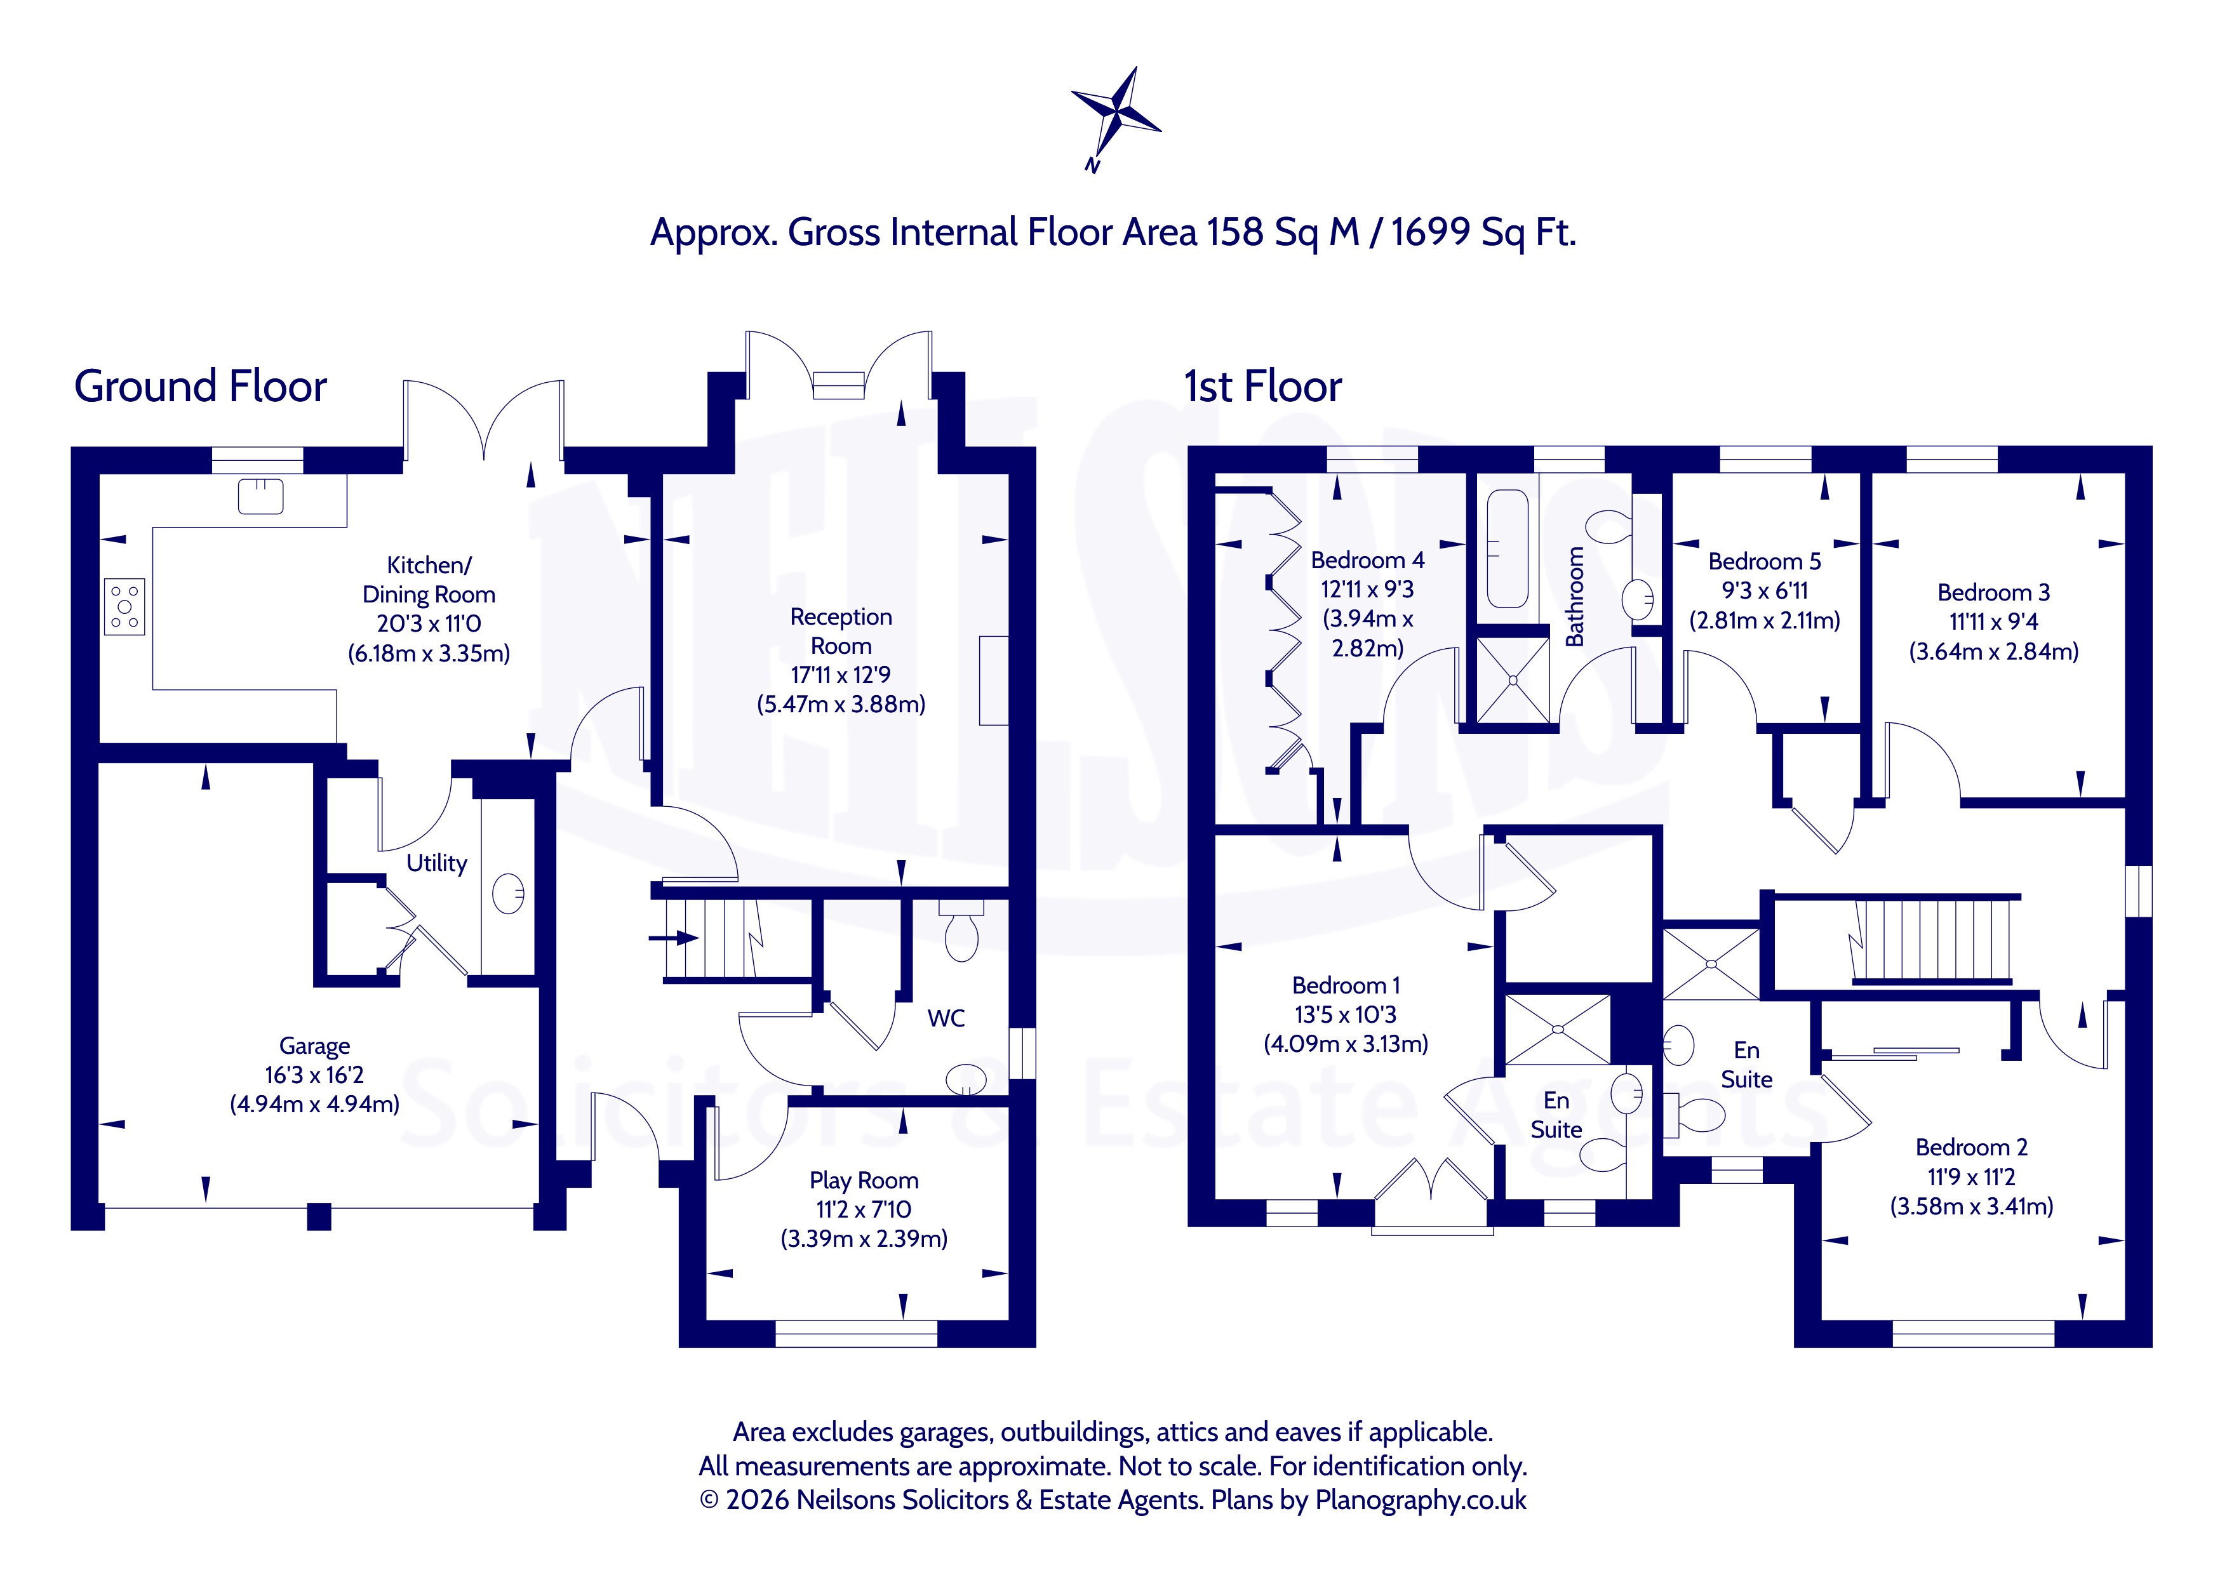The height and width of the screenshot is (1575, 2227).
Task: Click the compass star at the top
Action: (x=1116, y=114)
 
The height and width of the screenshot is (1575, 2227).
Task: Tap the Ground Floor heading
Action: (x=201, y=386)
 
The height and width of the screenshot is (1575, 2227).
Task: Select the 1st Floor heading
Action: (x=1263, y=386)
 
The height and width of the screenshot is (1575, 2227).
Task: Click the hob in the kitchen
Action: (x=124, y=606)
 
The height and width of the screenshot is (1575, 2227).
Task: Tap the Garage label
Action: (x=314, y=1046)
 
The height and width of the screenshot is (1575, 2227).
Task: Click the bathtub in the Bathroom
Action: (x=1508, y=548)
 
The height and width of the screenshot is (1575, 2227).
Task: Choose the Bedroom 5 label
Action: (x=1764, y=562)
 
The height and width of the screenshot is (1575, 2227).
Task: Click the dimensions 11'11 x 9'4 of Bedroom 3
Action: (x=1993, y=621)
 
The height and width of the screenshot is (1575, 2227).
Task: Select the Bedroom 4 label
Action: (x=1368, y=561)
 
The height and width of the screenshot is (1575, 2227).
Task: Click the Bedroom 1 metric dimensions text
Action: (x=1346, y=1044)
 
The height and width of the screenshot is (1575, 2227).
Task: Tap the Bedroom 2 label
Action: (x=1972, y=1147)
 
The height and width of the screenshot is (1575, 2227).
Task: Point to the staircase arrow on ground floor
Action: (x=674, y=938)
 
